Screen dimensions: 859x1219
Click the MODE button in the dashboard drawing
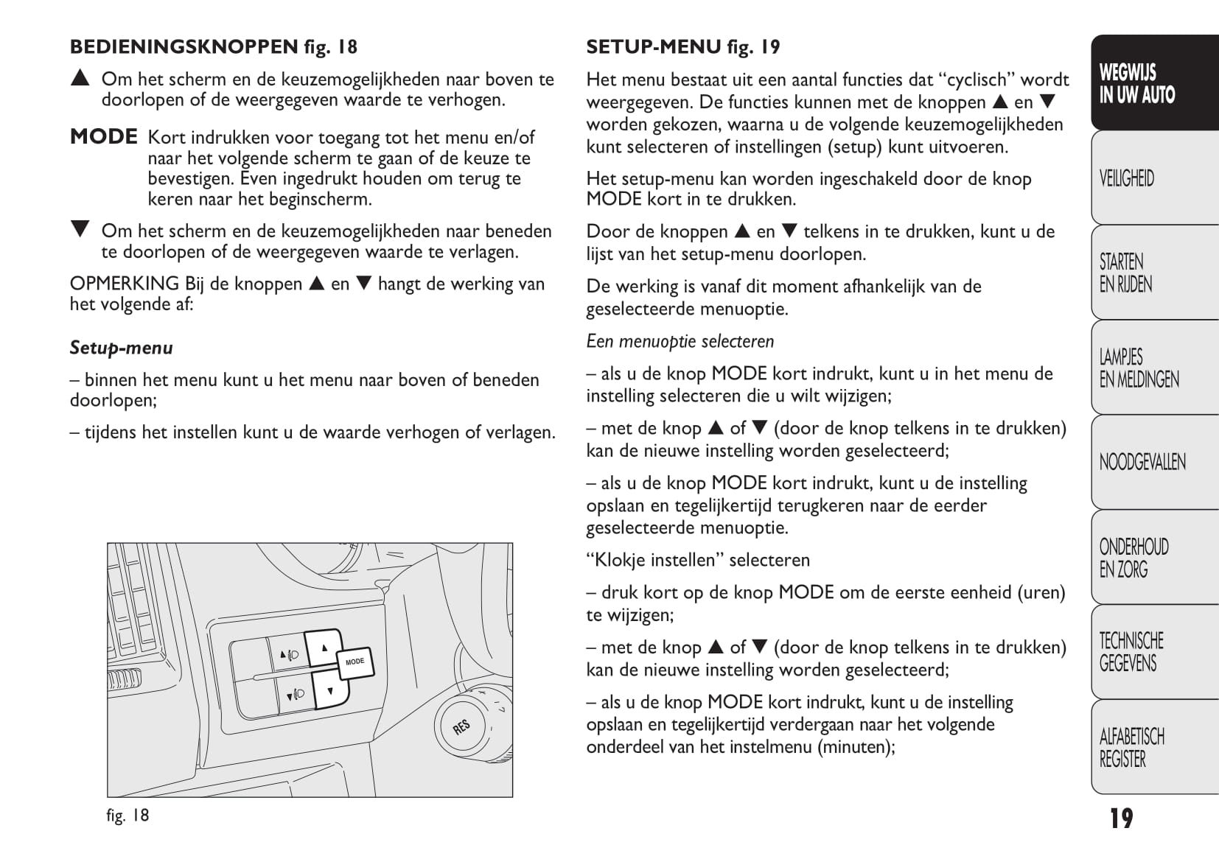(355, 662)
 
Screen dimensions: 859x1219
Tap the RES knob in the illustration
(462, 726)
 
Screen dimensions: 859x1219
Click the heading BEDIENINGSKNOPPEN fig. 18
(214, 47)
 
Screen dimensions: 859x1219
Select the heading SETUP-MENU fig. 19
(682, 47)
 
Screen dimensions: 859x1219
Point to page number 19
(1121, 818)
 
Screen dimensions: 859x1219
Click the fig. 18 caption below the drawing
(128, 815)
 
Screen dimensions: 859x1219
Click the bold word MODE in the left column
(104, 137)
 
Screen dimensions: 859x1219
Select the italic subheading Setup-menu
(122, 348)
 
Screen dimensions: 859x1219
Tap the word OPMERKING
(124, 284)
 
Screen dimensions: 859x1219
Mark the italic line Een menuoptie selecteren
(680, 342)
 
